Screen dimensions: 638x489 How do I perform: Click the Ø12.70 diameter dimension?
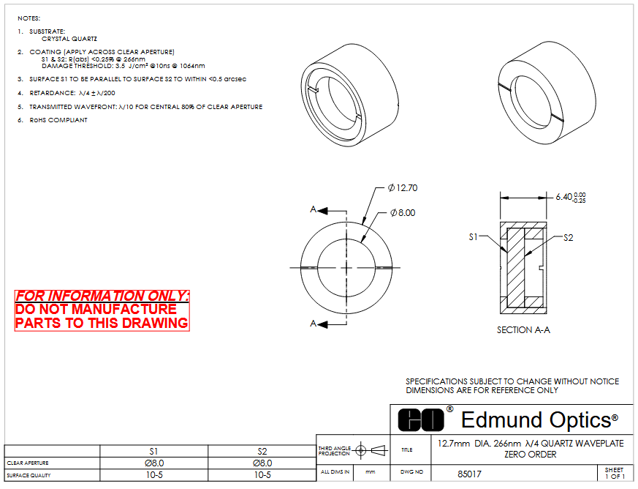[403, 188]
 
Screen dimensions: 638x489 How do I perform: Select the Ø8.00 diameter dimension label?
[403, 213]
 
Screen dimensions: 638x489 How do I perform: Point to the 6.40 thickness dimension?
[571, 197]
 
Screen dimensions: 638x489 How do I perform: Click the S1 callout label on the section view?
[473, 236]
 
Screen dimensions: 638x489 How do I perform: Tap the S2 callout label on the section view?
[569, 238]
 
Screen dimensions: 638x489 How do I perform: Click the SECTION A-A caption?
[523, 329]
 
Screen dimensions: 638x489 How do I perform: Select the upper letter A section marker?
[313, 209]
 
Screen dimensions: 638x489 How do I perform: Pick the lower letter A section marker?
[313, 324]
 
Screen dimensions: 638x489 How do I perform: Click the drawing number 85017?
[469, 474]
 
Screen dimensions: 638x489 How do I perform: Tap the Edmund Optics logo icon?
[421, 419]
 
